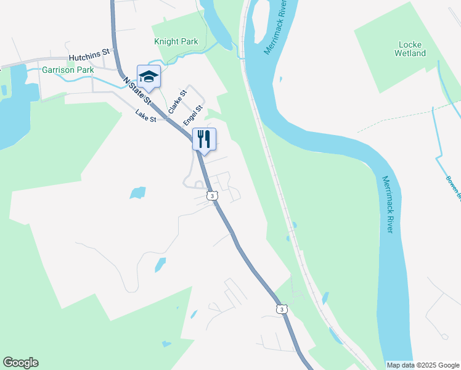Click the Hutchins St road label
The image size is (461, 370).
point(89,55)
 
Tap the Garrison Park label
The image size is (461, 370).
point(68,70)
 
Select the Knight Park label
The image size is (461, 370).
point(176,42)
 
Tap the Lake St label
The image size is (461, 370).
point(146,115)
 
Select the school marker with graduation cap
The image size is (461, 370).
point(149,77)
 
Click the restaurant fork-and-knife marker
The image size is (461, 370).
point(205,139)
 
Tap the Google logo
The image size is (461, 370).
point(20,363)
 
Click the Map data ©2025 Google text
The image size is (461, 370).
point(423,365)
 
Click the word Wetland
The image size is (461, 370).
point(410,54)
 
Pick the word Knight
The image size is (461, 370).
point(166,42)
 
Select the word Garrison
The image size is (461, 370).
point(58,70)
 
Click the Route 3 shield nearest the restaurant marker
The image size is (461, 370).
point(212,196)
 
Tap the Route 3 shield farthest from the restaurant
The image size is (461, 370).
point(281,309)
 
